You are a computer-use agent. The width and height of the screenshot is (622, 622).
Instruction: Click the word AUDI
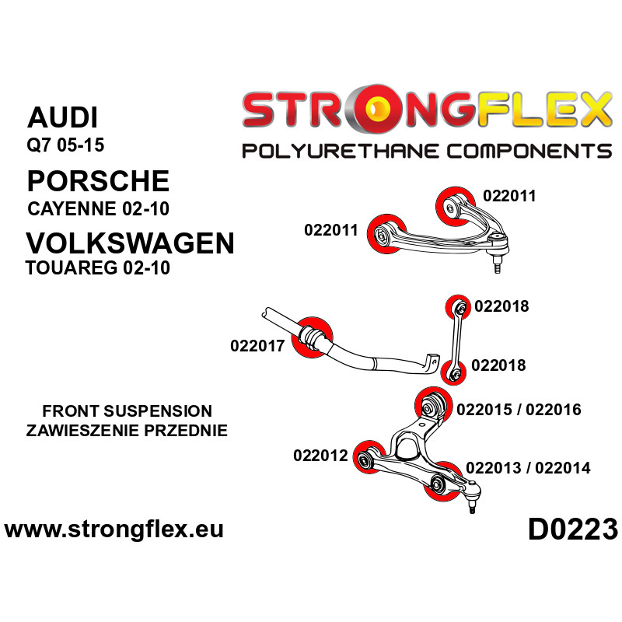pyautogui.click(x=62, y=117)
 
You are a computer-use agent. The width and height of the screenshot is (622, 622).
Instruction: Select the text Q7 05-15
pyautogui.click(x=65, y=145)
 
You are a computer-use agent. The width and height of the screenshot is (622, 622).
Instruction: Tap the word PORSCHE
pyautogui.click(x=99, y=181)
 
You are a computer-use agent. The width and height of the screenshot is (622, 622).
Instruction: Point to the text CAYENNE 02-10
pyautogui.click(x=99, y=208)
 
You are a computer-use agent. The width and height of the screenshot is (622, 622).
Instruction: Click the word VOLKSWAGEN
pyautogui.click(x=130, y=243)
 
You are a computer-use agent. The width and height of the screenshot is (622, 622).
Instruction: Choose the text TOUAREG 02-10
pyautogui.click(x=98, y=267)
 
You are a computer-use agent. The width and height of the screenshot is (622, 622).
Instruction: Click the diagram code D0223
pyautogui.click(x=573, y=529)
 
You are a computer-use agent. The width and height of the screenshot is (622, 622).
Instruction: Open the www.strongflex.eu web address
pyautogui.click(x=114, y=529)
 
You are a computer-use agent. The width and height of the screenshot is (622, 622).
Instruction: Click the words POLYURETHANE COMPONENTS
pyautogui.click(x=427, y=151)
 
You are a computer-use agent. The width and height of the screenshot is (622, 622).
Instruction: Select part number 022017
pyautogui.click(x=257, y=346)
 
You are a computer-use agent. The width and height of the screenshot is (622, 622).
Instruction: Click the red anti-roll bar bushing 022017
pyautogui.click(x=312, y=337)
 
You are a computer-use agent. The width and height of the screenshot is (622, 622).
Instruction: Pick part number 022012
pyautogui.click(x=320, y=456)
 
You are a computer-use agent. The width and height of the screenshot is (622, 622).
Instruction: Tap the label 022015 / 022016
pyautogui.click(x=519, y=410)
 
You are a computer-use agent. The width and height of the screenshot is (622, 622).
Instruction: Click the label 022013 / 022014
pyautogui.click(x=528, y=468)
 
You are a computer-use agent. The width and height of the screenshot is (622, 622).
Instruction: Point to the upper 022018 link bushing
pyautogui.click(x=458, y=306)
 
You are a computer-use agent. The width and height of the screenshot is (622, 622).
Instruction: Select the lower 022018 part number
pyautogui.click(x=498, y=365)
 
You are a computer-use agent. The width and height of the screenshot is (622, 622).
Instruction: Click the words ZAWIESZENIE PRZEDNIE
pyautogui.click(x=127, y=431)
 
